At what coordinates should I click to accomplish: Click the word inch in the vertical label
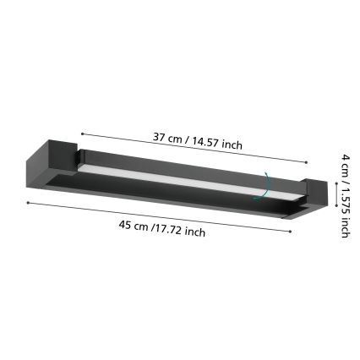coord(345,226)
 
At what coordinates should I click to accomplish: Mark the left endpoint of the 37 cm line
coord(81,133)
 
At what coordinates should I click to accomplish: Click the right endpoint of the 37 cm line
coord(306,162)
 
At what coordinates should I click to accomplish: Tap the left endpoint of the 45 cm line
coord(28,203)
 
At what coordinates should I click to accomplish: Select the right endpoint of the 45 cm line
coord(291,232)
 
